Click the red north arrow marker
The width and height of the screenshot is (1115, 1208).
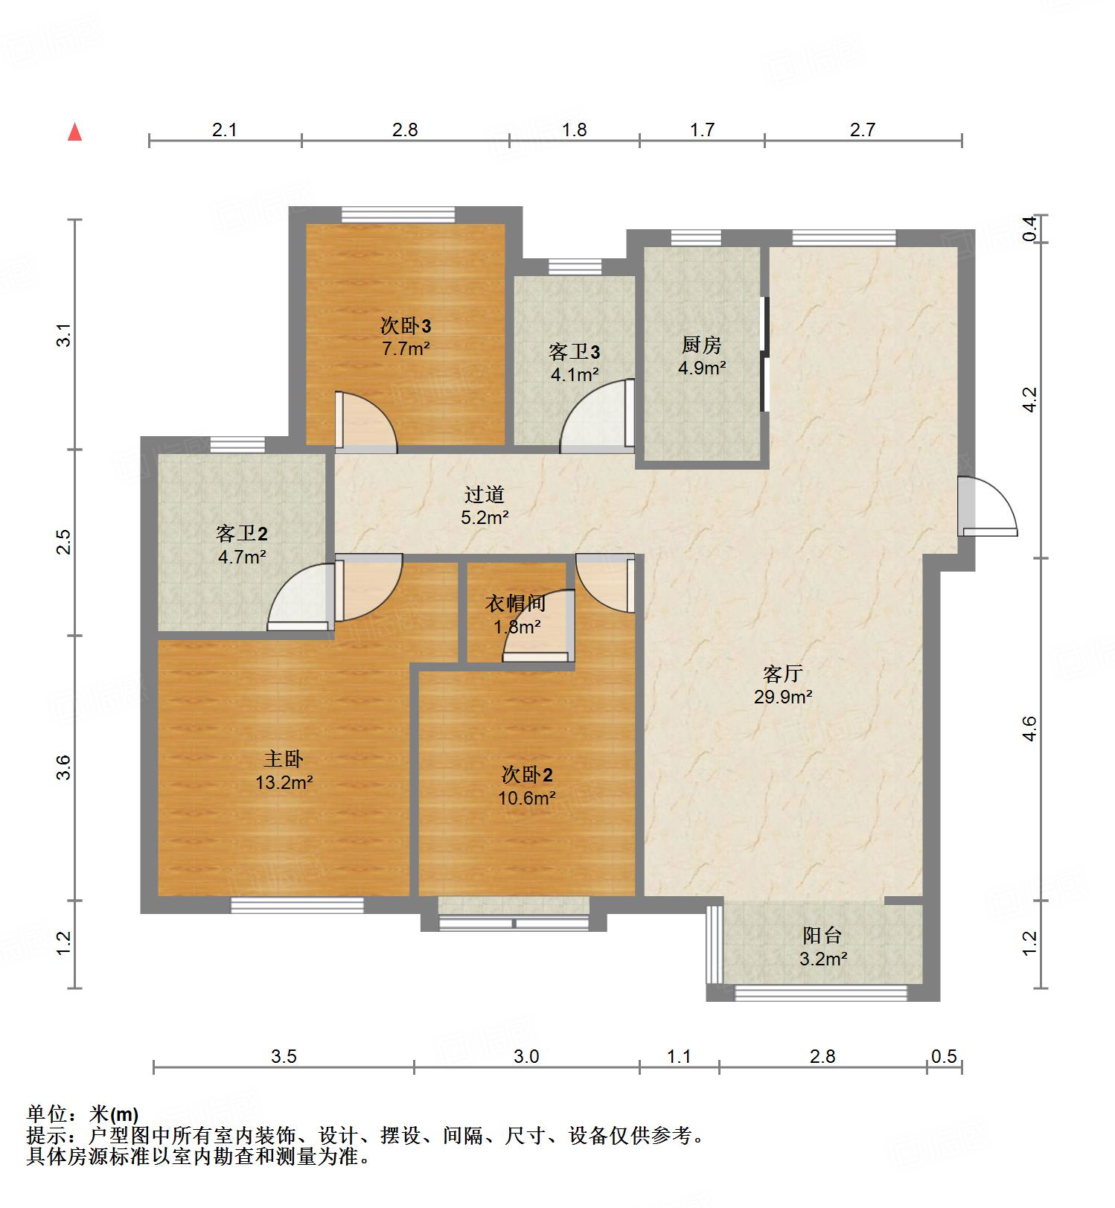pos(74,132)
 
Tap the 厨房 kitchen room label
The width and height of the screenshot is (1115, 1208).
pos(702,345)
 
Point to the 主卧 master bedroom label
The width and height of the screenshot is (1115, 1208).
pos(284,758)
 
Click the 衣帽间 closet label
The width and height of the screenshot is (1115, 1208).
pos(516,604)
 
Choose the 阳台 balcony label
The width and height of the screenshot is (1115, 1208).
pos(822,935)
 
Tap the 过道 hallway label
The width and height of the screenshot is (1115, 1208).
pos(485,494)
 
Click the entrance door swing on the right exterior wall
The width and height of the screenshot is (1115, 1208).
pos(987,506)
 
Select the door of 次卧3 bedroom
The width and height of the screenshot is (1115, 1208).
pos(365,422)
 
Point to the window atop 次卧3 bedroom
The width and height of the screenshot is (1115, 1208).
pos(398,214)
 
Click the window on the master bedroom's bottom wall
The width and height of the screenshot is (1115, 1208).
pos(297,905)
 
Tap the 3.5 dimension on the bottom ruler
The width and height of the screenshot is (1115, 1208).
pos(284,1056)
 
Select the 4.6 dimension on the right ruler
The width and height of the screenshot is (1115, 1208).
pos(1029,728)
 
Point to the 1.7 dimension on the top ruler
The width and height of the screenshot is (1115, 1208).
pos(702,130)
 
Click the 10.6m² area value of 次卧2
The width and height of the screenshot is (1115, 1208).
pos(527,799)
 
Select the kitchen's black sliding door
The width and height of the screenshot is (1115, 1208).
pos(763,354)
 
